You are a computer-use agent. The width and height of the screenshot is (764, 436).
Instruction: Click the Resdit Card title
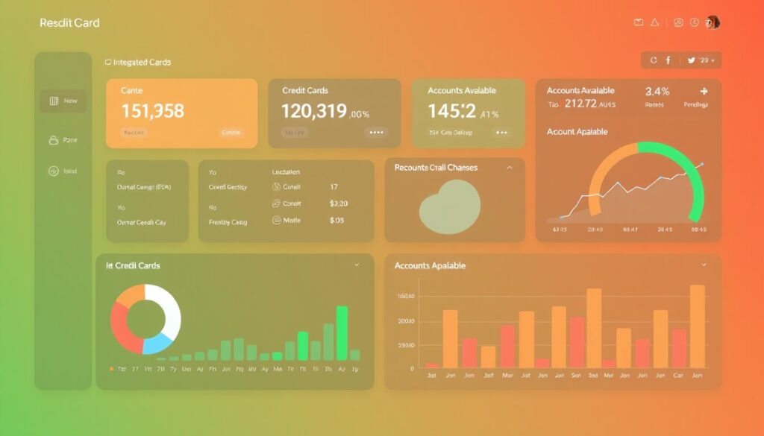tap(69, 22)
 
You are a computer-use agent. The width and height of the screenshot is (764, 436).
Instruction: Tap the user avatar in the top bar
tap(713, 22)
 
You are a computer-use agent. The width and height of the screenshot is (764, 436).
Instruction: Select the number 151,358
tap(152, 112)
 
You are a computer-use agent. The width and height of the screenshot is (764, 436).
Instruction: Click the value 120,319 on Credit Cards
tap(313, 112)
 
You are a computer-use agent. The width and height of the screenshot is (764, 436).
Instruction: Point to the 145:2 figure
tap(451, 112)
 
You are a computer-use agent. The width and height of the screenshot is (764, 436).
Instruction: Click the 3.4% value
tap(657, 92)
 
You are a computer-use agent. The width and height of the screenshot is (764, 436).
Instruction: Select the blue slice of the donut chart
tap(158, 344)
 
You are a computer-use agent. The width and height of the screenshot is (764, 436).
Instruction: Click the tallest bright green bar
tap(342, 333)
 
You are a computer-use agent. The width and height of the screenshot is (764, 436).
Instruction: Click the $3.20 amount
tap(339, 203)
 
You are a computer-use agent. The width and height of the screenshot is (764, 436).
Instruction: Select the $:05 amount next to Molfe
tap(337, 221)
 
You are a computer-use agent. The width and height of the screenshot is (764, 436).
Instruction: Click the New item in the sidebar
tap(63, 101)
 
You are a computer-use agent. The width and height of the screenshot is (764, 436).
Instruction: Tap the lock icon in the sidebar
tap(53, 140)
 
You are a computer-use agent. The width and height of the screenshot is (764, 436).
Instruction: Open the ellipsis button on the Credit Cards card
tap(377, 133)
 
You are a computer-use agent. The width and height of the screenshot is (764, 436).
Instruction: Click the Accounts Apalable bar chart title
tap(430, 266)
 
